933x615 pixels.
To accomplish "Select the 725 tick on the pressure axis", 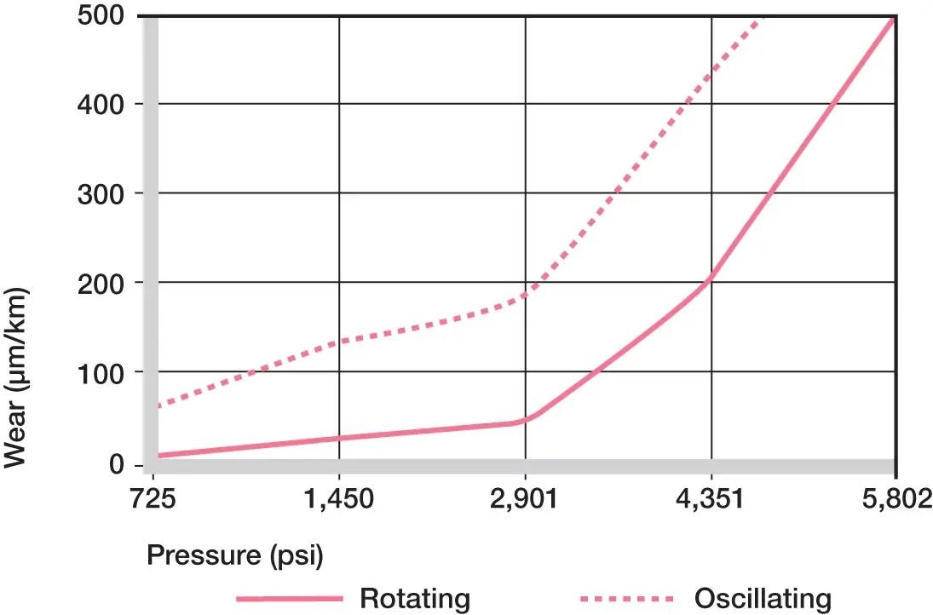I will point(153,499).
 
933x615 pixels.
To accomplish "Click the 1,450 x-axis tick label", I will point(340,499).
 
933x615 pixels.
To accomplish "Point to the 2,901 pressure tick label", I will point(525,499).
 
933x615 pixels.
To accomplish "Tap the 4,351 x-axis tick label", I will point(711,499).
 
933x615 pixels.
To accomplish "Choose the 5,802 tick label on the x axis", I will point(895,499).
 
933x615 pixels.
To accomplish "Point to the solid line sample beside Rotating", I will point(289,598).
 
